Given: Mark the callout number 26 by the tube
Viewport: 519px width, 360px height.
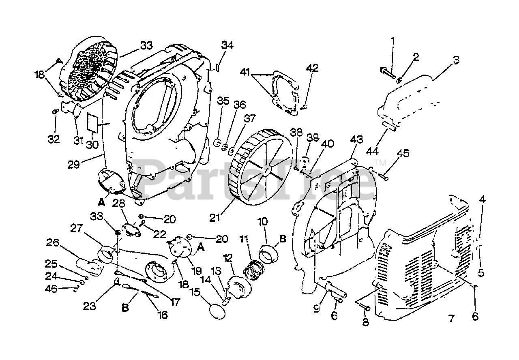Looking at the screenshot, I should click(53, 244).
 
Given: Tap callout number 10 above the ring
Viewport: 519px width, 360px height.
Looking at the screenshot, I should click(263, 222).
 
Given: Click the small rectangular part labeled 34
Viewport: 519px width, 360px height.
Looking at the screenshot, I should click(217, 66).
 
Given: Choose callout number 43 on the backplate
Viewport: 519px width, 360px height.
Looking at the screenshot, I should click(356, 139).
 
